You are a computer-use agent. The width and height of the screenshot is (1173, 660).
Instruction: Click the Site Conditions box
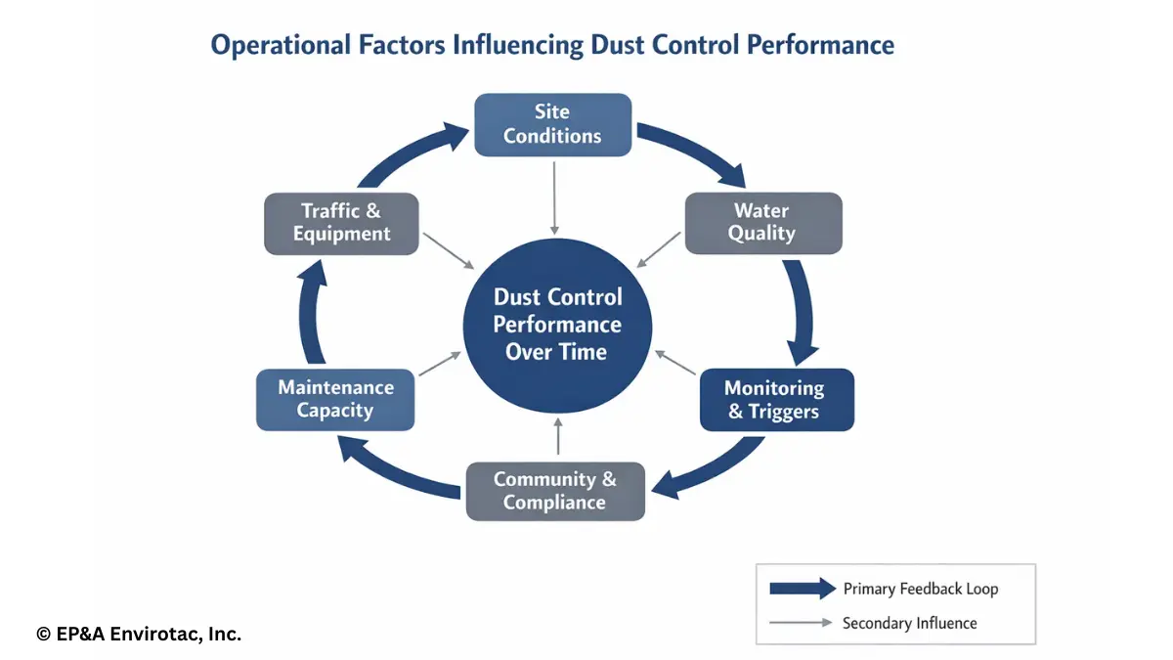tap(552, 124)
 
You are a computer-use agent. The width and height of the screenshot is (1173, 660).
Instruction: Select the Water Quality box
tap(762, 223)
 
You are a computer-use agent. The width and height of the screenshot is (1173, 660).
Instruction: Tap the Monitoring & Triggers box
tap(776, 399)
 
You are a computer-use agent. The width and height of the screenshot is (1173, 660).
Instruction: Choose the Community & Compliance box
tap(554, 491)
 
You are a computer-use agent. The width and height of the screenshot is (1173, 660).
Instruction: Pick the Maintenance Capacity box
tap(335, 399)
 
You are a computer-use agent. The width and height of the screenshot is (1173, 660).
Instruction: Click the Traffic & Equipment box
tap(341, 223)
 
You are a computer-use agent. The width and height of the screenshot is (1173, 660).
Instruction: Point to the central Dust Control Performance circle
tap(557, 325)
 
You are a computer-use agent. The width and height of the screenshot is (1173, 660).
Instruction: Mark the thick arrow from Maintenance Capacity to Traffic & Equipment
tap(308, 313)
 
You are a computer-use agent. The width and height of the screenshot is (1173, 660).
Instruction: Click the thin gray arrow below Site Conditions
tap(554, 196)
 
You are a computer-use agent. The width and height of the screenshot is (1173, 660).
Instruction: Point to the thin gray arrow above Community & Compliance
tap(557, 437)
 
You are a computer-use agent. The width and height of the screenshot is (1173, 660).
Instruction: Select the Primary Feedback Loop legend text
tap(921, 589)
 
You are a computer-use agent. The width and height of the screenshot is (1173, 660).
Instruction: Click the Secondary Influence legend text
tap(909, 623)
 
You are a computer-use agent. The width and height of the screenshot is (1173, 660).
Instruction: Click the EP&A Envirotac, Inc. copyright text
tap(139, 635)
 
